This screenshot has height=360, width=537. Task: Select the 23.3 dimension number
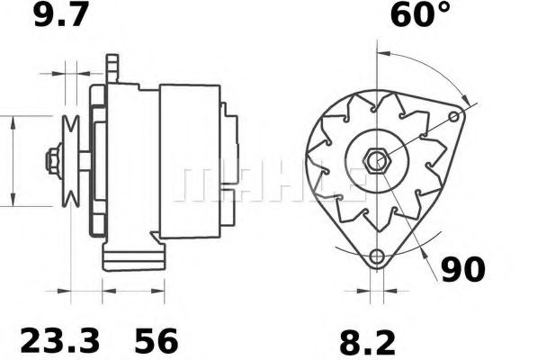pos(59,341)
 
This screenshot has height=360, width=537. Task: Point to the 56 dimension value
pos(157,341)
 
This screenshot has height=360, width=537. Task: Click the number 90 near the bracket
pos(463,269)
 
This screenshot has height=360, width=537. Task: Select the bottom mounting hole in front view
pos(377,256)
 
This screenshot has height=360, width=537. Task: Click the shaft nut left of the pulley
pos(52,162)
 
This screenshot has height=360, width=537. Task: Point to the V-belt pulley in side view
pos(71,162)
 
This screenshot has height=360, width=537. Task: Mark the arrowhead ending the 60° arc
pos(465,100)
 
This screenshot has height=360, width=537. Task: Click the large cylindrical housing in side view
pos(189,162)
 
